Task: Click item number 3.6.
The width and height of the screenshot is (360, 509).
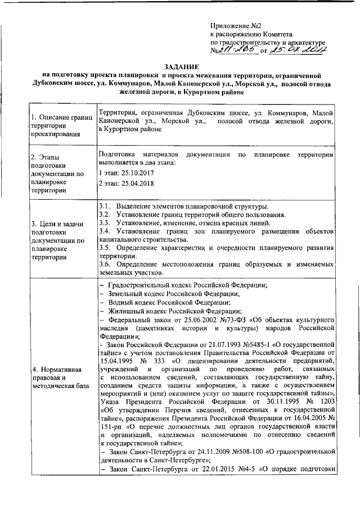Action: click(x=105, y=264)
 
